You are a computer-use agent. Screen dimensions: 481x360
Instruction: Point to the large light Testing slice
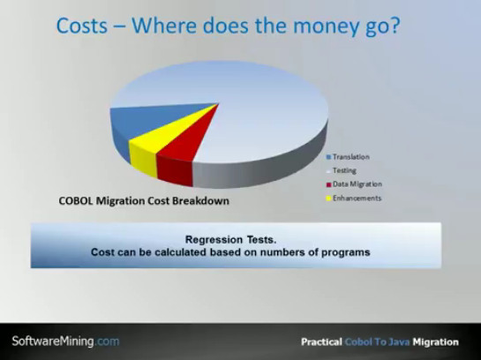pos(245,101)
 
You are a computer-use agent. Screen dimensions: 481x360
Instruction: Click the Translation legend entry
pos(348,157)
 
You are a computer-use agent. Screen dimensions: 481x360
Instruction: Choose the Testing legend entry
pos(342,170)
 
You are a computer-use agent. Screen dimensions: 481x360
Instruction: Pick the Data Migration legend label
pos(357,184)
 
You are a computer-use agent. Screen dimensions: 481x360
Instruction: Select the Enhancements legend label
pos(357,199)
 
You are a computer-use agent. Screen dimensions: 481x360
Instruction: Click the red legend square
pos(329,184)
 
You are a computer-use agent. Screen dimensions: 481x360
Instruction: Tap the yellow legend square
pos(329,199)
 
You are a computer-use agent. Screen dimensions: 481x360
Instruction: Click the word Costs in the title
pos(82,26)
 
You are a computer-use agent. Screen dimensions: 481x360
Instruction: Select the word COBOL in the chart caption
pos(76,201)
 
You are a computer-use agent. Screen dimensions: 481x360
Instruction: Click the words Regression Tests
pos(231,239)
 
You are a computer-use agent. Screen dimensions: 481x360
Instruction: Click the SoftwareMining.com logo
pos(65,341)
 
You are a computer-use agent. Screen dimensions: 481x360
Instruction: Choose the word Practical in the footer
pos(321,341)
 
